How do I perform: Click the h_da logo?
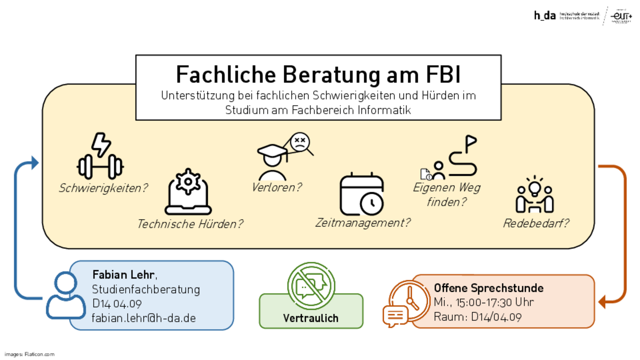(x=545, y=15)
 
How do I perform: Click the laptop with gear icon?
(x=188, y=192)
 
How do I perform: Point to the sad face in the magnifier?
(x=300, y=142)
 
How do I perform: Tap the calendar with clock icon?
(x=362, y=194)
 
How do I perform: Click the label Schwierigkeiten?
(x=103, y=188)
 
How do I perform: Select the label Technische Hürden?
(x=190, y=224)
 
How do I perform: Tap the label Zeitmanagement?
(x=362, y=223)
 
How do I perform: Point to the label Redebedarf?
(x=536, y=223)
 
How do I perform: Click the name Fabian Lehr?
(x=123, y=275)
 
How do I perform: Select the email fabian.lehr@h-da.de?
(x=144, y=318)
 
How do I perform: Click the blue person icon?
(x=66, y=295)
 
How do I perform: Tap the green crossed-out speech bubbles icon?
(x=311, y=286)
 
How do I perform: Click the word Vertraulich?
(x=311, y=318)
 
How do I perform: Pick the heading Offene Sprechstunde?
(x=488, y=288)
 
